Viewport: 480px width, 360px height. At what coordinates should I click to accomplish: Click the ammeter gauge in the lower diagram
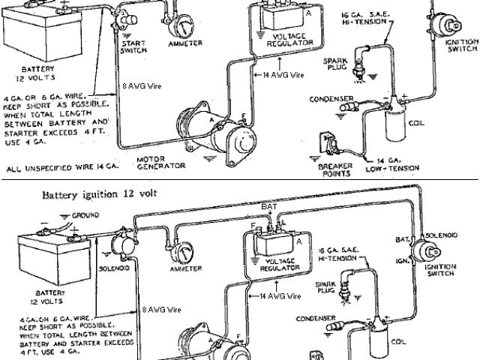(x=181, y=248)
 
